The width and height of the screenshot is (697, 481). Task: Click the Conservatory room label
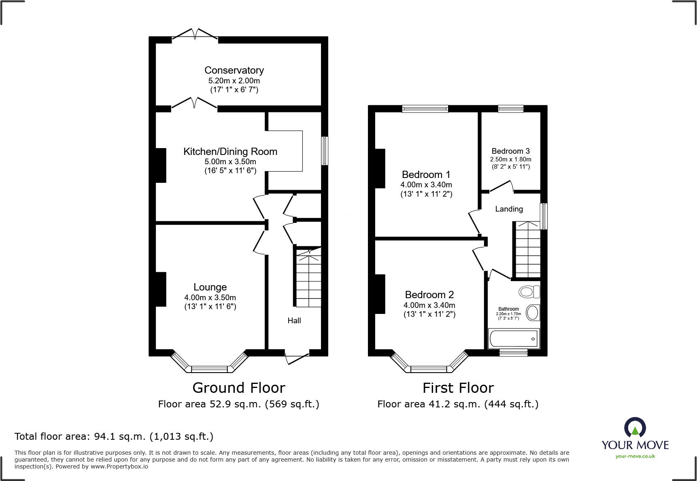point(234,70)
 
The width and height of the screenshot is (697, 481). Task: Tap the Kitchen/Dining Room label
point(230,152)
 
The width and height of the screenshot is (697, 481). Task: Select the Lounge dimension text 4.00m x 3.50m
point(210,297)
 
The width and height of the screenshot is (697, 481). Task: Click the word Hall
point(294,321)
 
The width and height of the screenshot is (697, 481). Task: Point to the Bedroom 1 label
point(426,175)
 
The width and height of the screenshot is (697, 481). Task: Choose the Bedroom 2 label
point(429,295)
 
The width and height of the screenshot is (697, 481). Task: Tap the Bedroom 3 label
point(511,151)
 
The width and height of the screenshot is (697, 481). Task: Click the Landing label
point(509,209)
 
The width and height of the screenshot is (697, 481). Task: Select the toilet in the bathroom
point(529,291)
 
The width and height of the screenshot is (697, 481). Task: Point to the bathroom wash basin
point(533,313)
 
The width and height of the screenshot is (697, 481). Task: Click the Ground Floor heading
point(239,388)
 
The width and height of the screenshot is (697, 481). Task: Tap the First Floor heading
point(458,388)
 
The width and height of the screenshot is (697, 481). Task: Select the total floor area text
point(114,437)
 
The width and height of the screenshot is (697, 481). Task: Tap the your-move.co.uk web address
point(635,456)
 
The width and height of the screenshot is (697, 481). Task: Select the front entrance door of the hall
point(297,358)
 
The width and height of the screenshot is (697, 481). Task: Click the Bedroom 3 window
point(510,108)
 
